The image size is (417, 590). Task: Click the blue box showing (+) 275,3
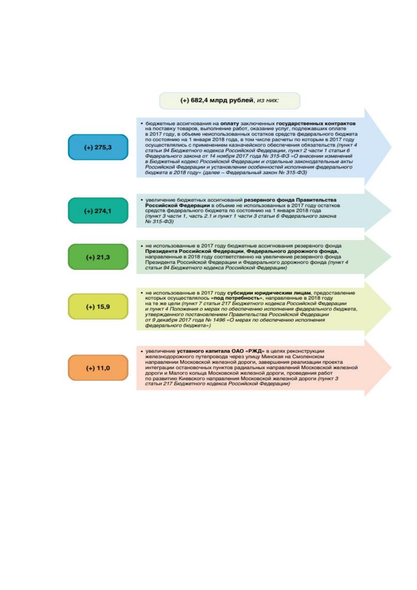click(98, 147)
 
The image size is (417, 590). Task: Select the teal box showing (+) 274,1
click(98, 211)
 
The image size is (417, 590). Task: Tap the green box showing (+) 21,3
click(98, 257)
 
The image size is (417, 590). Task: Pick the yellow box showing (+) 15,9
click(98, 307)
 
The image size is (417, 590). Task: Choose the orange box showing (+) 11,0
click(98, 368)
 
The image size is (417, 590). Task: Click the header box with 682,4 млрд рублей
click(230, 101)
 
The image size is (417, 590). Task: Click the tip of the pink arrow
click(391, 368)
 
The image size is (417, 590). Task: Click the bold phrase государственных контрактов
click(316, 123)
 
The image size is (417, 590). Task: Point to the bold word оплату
click(230, 123)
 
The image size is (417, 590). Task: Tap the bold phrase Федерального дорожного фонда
click(292, 251)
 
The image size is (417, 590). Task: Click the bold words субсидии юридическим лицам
click(269, 293)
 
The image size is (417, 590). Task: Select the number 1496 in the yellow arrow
click(220, 320)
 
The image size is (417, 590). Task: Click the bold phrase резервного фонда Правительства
click(290, 200)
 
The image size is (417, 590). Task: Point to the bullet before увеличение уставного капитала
click(142, 351)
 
